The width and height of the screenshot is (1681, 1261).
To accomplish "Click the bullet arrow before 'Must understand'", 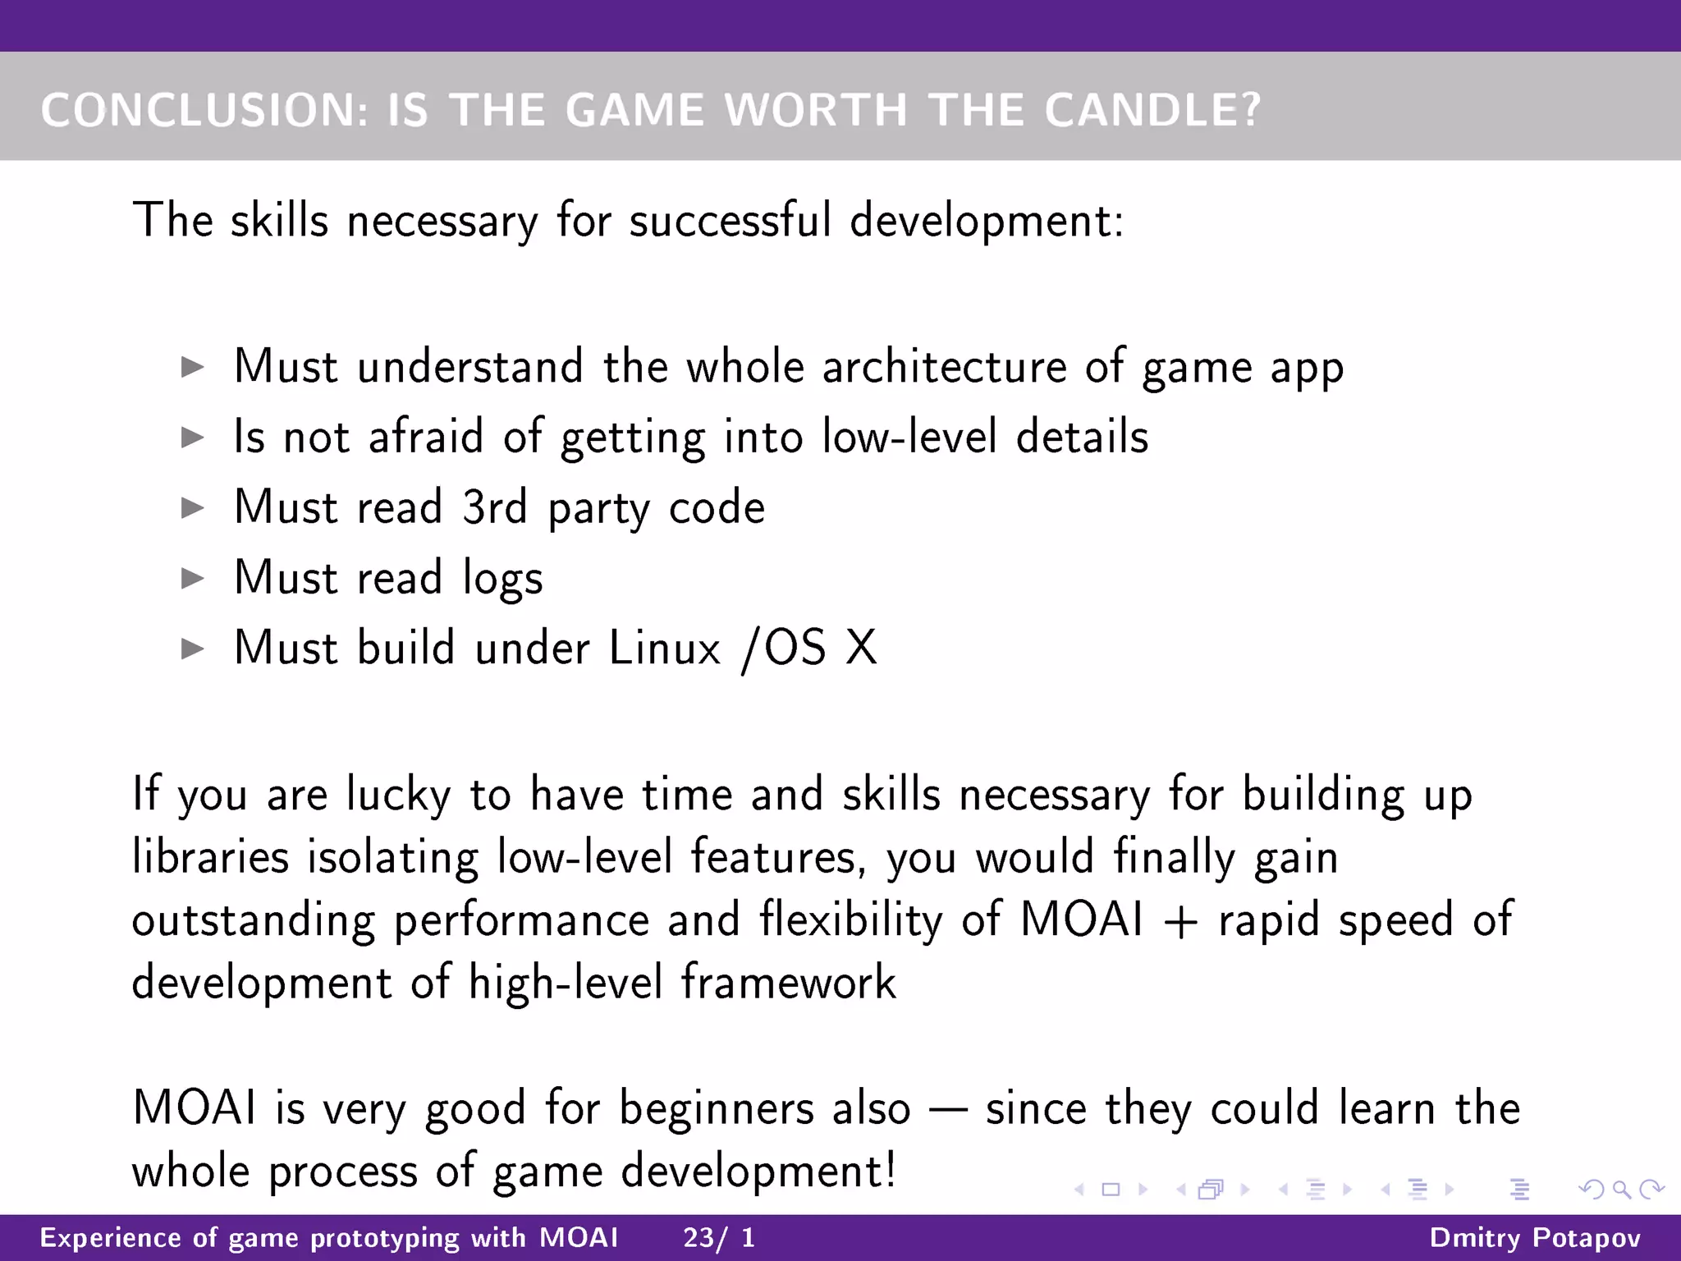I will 192,367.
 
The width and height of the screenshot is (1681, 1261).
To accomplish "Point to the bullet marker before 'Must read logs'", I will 192,579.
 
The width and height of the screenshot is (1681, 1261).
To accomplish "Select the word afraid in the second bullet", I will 426,437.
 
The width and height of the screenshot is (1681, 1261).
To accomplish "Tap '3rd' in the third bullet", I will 494,507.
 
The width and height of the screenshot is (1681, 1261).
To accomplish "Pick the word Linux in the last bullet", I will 665,649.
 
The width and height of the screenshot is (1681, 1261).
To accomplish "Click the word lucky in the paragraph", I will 398,795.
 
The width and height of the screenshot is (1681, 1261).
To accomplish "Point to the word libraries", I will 211,857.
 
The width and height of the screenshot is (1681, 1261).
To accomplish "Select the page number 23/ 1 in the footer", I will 719,1237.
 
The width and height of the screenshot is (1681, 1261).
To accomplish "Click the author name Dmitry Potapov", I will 1535,1237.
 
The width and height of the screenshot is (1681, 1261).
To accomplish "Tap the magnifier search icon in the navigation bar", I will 1621,1189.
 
